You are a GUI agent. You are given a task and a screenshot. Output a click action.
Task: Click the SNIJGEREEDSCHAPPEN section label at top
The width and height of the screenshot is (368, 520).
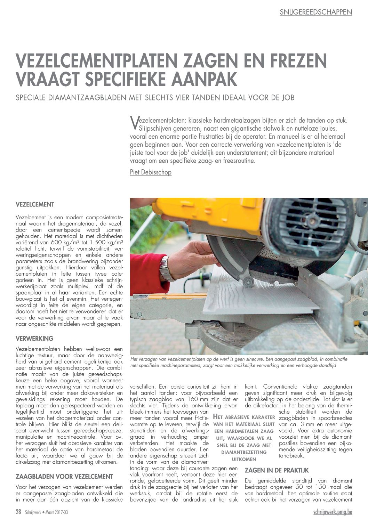tap(316, 12)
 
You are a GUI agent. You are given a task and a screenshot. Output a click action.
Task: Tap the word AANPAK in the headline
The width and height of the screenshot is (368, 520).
tap(203, 79)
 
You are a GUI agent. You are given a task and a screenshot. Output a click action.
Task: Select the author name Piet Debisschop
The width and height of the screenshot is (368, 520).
tap(151, 172)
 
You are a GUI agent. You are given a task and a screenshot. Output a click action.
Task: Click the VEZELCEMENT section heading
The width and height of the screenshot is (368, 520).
tap(35, 204)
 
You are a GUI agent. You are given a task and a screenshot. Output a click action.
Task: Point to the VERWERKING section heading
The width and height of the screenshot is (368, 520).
tap(34, 338)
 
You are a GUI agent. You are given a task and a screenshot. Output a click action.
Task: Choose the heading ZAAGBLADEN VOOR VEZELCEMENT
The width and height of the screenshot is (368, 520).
tap(64, 476)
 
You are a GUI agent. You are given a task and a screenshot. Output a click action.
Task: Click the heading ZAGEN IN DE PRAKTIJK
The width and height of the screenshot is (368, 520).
tap(277, 470)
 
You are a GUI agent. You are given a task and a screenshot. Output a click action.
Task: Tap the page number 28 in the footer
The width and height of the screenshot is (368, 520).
tap(18, 512)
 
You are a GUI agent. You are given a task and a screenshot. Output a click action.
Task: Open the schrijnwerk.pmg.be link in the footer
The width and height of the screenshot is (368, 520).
tap(333, 512)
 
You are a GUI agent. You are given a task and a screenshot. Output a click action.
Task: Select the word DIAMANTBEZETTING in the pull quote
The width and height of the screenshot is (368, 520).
tap(244, 452)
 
